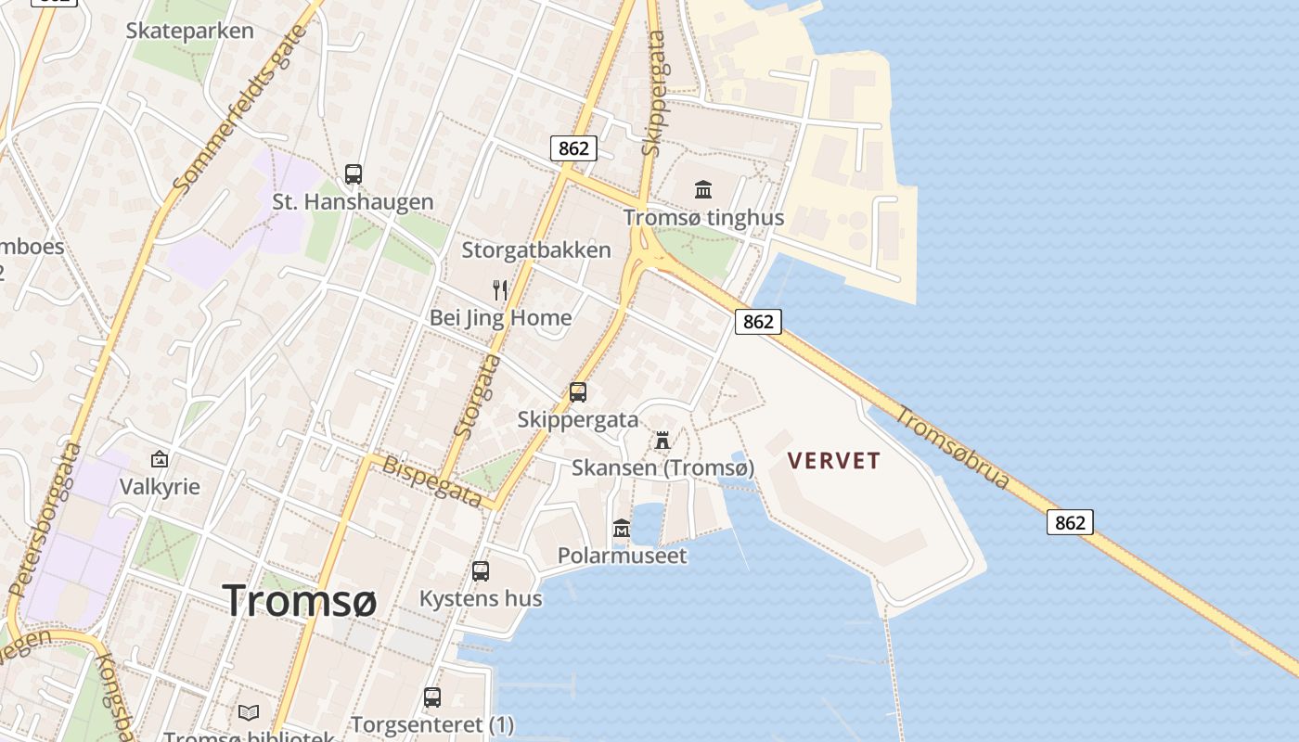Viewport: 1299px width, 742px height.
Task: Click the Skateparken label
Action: (189, 31)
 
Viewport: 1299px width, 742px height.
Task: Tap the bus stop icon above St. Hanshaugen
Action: (354, 173)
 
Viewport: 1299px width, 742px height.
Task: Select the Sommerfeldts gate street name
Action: (240, 109)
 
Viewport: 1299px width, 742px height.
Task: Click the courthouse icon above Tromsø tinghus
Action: (703, 189)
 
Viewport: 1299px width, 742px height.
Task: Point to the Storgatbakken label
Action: (536, 249)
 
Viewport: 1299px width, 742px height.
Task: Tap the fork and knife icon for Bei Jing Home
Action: (500, 289)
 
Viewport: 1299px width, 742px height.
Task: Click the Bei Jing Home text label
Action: (500, 318)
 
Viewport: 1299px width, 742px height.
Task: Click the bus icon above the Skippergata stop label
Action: (578, 392)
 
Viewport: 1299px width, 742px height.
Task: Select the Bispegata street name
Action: (432, 481)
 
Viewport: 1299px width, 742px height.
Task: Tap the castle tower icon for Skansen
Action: (662, 440)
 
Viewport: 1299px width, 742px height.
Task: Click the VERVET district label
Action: (833, 460)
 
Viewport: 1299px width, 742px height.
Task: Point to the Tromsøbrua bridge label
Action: (952, 452)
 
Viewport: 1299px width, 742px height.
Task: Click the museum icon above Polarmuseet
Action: (622, 528)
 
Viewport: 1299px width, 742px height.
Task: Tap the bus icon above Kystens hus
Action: (481, 571)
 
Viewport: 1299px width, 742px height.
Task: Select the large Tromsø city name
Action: (299, 601)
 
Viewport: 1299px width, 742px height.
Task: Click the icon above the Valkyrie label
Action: (160, 458)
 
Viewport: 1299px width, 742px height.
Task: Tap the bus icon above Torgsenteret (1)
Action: (432, 697)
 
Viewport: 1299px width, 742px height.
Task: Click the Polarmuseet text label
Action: (622, 556)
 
